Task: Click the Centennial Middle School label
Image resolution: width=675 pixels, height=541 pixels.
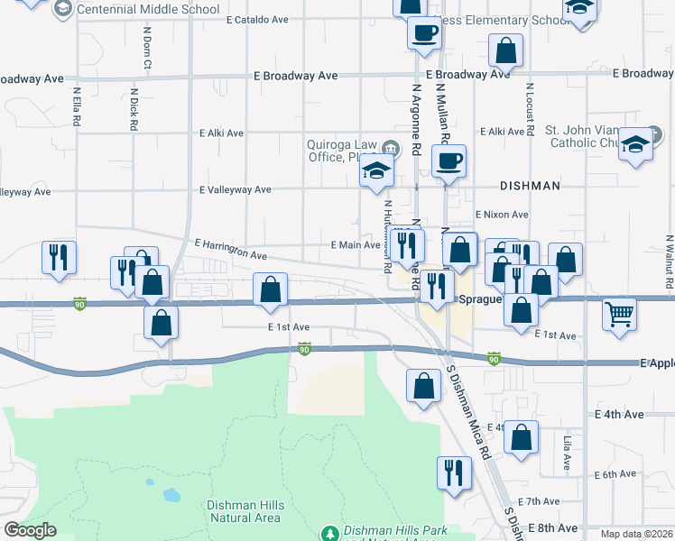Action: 148,10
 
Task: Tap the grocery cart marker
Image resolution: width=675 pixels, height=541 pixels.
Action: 619,315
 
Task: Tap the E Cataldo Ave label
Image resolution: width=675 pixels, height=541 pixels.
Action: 257,19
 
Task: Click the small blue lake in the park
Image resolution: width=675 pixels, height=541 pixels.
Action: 170,495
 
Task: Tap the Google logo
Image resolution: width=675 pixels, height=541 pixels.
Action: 30,530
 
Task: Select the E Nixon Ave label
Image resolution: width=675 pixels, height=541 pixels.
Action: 501,215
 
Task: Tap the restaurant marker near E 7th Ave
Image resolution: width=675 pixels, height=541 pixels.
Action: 453,472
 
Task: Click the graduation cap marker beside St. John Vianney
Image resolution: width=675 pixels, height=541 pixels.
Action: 635,142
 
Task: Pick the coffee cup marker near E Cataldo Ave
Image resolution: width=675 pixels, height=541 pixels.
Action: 423,33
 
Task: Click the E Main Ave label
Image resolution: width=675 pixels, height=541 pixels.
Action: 355,245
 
